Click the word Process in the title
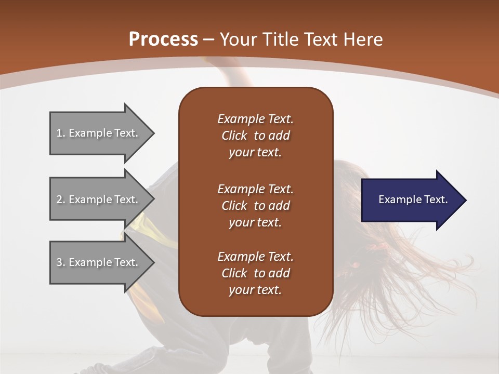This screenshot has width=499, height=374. click(x=163, y=39)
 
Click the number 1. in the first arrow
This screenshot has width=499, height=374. click(x=60, y=133)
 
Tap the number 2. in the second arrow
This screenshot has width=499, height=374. click(x=60, y=199)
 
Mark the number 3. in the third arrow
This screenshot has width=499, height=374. click(x=60, y=262)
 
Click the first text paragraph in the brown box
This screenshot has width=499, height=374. click(x=255, y=136)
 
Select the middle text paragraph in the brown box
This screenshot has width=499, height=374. click(x=255, y=206)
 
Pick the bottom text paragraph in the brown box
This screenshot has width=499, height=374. click(x=255, y=273)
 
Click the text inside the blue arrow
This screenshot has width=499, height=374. click(x=413, y=199)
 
